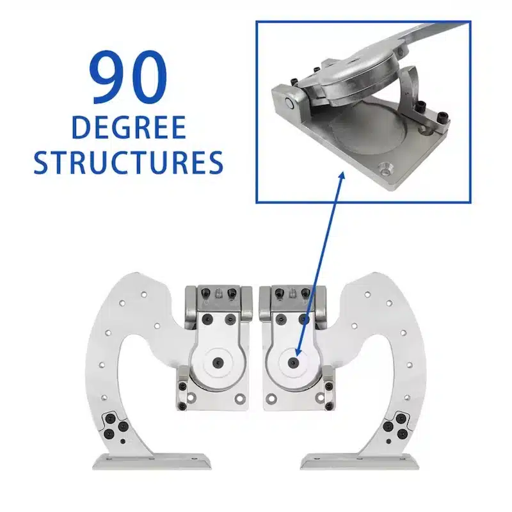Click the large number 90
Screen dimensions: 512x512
coord(128,77)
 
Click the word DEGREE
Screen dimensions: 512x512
coord(129,127)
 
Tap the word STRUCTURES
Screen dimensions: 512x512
coord(129,163)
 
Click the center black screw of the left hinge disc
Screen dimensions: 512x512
coord(218,362)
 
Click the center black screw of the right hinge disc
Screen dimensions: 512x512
coord(294,362)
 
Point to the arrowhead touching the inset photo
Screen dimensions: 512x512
coord(342,177)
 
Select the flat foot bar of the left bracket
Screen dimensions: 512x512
coord(152,461)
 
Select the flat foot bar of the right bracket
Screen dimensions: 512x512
coord(360,461)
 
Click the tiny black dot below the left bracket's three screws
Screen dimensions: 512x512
coord(123,442)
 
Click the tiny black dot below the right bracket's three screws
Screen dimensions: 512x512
coord(388,442)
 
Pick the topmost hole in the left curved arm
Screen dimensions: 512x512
coord(143,294)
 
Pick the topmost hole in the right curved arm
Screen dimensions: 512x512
coord(367,294)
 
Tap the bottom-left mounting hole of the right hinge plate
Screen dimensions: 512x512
coord(270,398)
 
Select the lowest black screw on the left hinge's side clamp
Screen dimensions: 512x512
coord(182,406)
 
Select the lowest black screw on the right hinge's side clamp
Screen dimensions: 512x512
coord(329,406)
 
